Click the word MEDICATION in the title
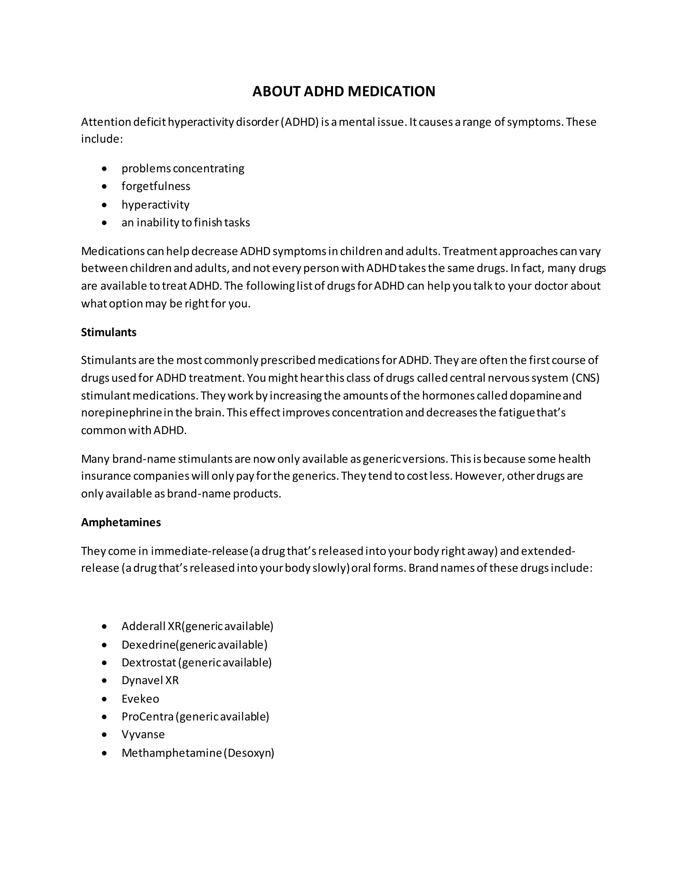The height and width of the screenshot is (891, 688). tap(391, 91)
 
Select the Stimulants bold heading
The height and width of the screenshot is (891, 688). tap(109, 332)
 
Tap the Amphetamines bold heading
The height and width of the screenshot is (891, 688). tap(121, 522)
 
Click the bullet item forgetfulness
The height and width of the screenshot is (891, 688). tap(156, 187)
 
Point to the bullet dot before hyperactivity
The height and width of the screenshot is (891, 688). tap(105, 205)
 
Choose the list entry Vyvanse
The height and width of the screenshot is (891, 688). tap(143, 734)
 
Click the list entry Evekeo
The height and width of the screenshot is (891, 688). tap(140, 699)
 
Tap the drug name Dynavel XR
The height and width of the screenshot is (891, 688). tap(150, 681)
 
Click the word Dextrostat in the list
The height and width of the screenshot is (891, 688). tap(149, 663)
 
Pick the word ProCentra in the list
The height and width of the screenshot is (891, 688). tap(147, 717)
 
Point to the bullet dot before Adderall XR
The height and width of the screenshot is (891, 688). tap(105, 627)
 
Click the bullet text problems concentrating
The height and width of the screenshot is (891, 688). tap(183, 168)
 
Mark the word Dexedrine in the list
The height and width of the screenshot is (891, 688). tap(148, 645)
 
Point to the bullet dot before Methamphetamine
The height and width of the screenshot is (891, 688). tap(105, 753)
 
